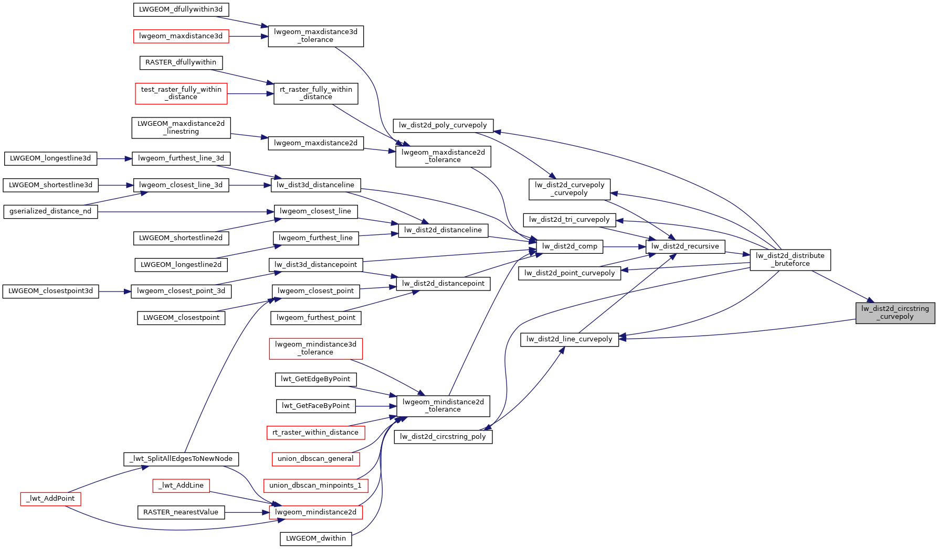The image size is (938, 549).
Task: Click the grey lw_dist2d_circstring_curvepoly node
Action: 895,313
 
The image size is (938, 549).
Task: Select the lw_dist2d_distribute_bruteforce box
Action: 790,260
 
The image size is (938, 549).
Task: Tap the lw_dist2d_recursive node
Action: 685,246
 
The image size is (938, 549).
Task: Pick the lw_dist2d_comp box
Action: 570,246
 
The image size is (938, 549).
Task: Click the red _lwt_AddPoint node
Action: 51,499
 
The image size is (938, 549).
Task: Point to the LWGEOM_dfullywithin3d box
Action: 181,9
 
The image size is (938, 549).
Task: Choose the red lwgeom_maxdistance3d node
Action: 181,36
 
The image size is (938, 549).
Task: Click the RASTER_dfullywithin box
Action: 181,62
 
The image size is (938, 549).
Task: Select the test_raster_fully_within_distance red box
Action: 181,93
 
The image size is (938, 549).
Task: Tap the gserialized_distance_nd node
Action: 50,211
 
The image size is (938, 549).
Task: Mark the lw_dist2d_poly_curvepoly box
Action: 443,125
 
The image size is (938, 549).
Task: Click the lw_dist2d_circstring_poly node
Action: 443,437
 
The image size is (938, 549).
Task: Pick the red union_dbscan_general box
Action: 315,459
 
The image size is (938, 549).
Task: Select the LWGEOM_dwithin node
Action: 315,539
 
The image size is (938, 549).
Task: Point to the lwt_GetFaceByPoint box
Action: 315,406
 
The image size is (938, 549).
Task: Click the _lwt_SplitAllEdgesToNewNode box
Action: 181,459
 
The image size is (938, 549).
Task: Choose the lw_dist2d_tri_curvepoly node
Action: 570,220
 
